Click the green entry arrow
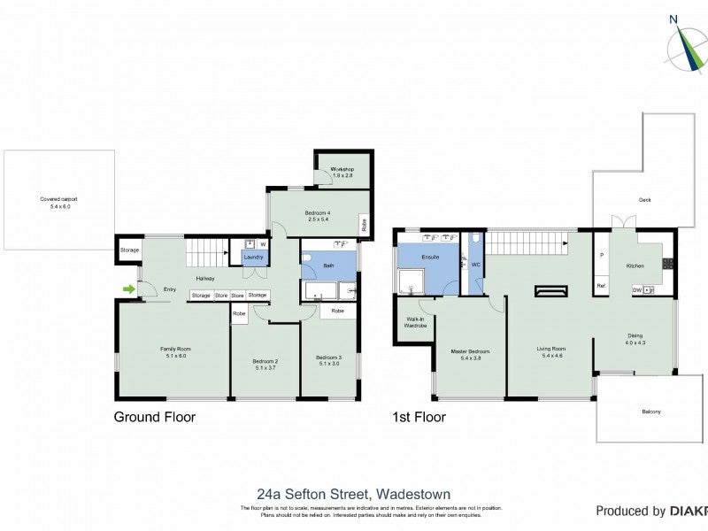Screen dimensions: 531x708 [x=130, y=289]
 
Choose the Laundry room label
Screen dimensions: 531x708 [x=252, y=258]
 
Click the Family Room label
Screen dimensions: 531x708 [x=175, y=352]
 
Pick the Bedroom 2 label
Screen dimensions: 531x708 [x=265, y=364]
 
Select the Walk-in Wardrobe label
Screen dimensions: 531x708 [x=416, y=323]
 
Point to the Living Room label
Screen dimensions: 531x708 [x=550, y=352]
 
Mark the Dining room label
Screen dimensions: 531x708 [x=635, y=339]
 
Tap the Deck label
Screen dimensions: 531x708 [x=644, y=200]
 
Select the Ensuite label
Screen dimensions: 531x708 [x=431, y=257]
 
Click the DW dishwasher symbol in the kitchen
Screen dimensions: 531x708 [x=637, y=290]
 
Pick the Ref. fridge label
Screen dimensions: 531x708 [x=602, y=286]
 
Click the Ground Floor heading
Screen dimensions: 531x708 [x=155, y=417]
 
